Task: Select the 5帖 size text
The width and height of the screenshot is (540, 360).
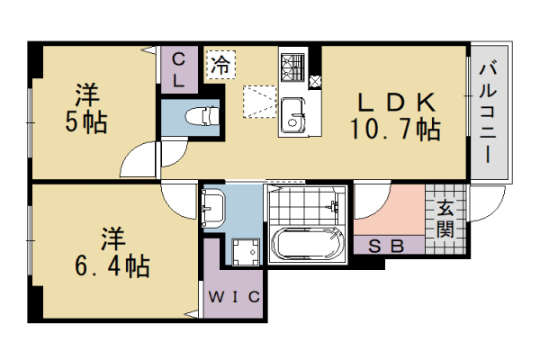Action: pos(86,121)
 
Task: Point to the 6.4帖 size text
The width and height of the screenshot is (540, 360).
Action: pos(111,266)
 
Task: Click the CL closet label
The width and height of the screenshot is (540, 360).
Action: pos(179,69)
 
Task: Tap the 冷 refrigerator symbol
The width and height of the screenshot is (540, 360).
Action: pos(219,65)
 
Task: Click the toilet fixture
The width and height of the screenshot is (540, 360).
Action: pos(200,115)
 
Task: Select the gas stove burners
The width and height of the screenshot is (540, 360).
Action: pos(293,67)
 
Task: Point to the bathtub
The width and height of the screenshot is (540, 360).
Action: pos(308,245)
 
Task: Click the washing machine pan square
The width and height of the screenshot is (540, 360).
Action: pos(242,251)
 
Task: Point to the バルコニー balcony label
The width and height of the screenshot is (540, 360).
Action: pos(489,111)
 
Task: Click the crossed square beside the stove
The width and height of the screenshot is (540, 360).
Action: pos(314,81)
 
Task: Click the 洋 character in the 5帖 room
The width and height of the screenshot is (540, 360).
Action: pos(86,94)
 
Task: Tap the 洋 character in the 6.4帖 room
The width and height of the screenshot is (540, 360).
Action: pos(111,238)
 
